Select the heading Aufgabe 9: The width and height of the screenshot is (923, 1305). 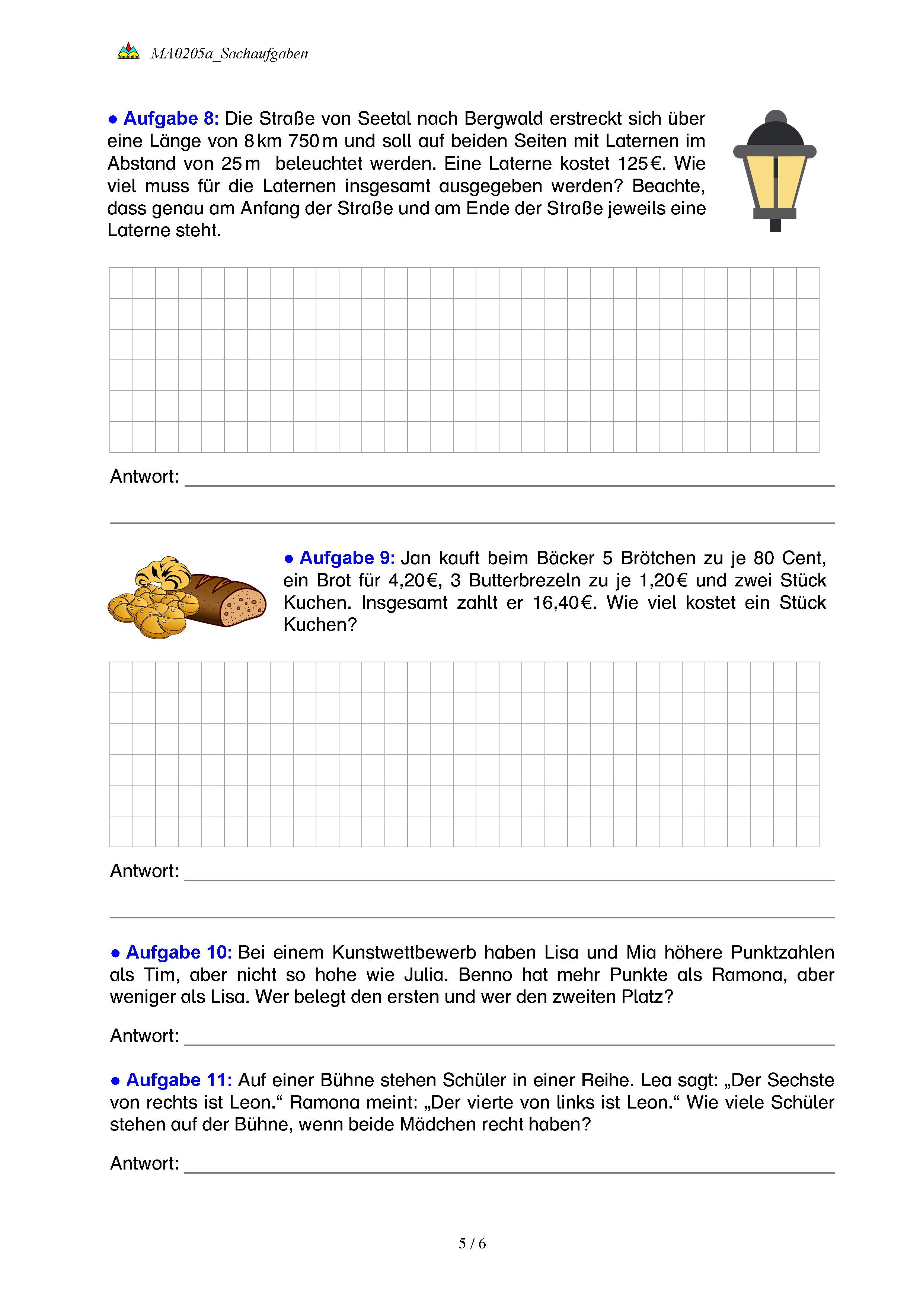click(x=347, y=558)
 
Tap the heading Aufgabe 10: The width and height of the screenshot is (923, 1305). click(x=179, y=953)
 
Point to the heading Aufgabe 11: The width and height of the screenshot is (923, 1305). click(x=179, y=1080)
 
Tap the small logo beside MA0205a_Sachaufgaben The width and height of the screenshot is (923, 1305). click(x=128, y=52)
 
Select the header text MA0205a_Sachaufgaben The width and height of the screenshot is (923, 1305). click(x=229, y=54)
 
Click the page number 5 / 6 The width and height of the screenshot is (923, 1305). click(x=472, y=1244)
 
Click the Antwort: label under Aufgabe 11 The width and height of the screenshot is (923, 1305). click(x=144, y=1164)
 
